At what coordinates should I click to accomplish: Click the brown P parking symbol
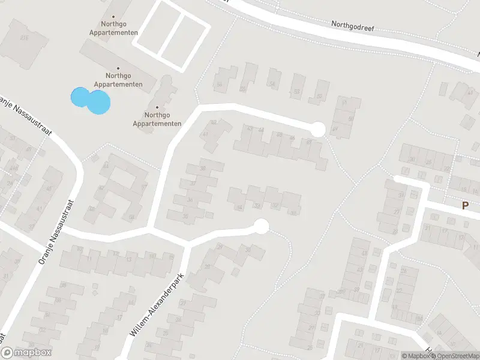[x=464, y=205]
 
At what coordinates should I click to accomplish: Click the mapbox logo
[x=26, y=353]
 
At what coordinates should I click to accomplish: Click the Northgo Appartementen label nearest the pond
[x=124, y=80]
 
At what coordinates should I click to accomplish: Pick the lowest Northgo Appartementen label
[x=157, y=119]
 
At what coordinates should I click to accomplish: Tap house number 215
[x=24, y=38]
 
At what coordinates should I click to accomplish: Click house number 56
[x=219, y=85]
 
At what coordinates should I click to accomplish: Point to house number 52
[x=319, y=95]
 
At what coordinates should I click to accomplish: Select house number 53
[x=296, y=92]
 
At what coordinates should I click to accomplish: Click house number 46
[x=279, y=135]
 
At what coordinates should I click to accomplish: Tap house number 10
[x=79, y=248]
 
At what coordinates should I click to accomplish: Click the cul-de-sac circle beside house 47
[x=317, y=129]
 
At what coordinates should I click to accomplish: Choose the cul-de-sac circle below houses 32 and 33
[x=261, y=226]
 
